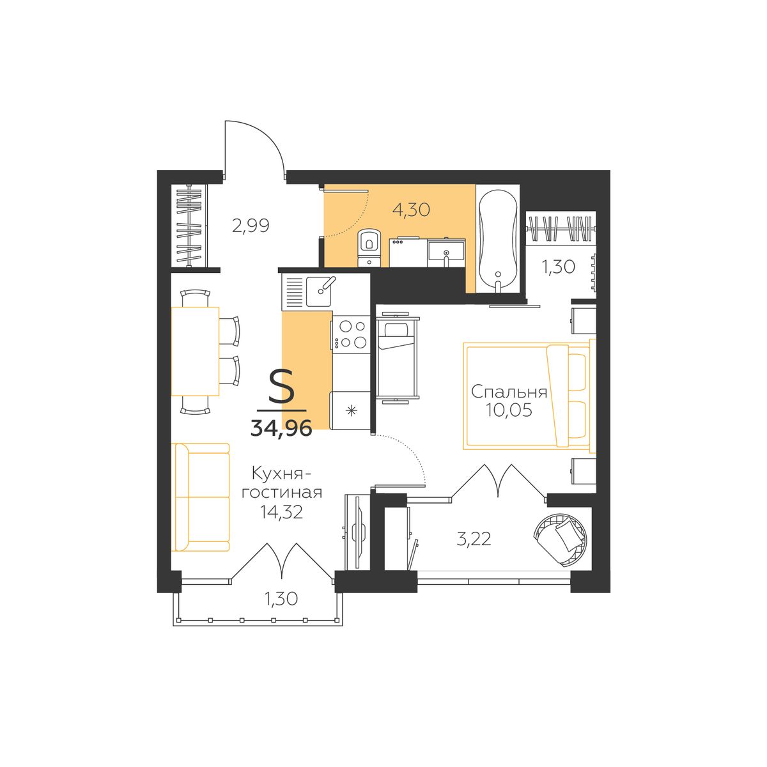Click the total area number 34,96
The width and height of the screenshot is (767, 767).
click(x=281, y=428)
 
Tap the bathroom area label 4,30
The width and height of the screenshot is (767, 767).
click(x=411, y=210)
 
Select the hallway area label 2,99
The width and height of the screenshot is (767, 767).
click(x=251, y=226)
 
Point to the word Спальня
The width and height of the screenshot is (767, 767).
click(x=509, y=393)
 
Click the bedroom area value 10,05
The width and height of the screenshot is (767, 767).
click(x=509, y=410)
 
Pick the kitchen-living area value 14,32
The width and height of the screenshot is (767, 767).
click(x=281, y=512)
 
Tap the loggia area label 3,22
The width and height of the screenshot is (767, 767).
click(x=474, y=539)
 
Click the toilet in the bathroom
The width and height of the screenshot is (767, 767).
click(x=369, y=247)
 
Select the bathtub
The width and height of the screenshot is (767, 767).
click(x=498, y=238)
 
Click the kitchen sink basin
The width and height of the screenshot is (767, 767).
click(x=318, y=291)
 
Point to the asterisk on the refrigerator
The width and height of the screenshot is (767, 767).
click(x=352, y=411)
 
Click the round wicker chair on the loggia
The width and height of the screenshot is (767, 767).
click(x=561, y=539)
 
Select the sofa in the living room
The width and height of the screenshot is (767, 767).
click(x=201, y=497)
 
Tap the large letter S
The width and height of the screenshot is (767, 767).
click(x=281, y=385)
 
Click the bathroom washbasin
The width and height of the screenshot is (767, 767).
click(x=446, y=253)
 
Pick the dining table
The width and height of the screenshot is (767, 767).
click(x=195, y=352)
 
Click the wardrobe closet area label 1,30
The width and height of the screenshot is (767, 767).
click(x=558, y=267)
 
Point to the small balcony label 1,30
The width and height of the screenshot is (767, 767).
click(x=281, y=598)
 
